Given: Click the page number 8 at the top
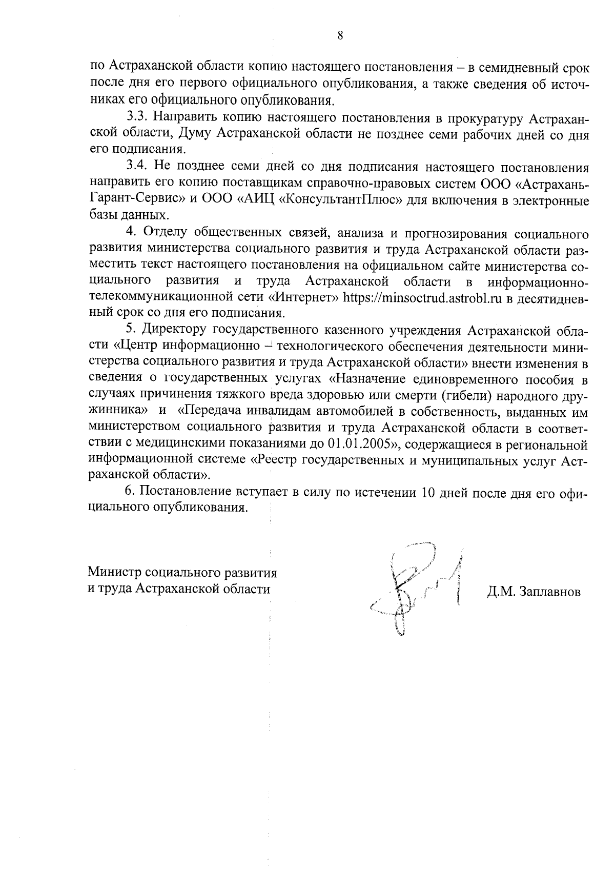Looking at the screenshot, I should (x=340, y=35).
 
